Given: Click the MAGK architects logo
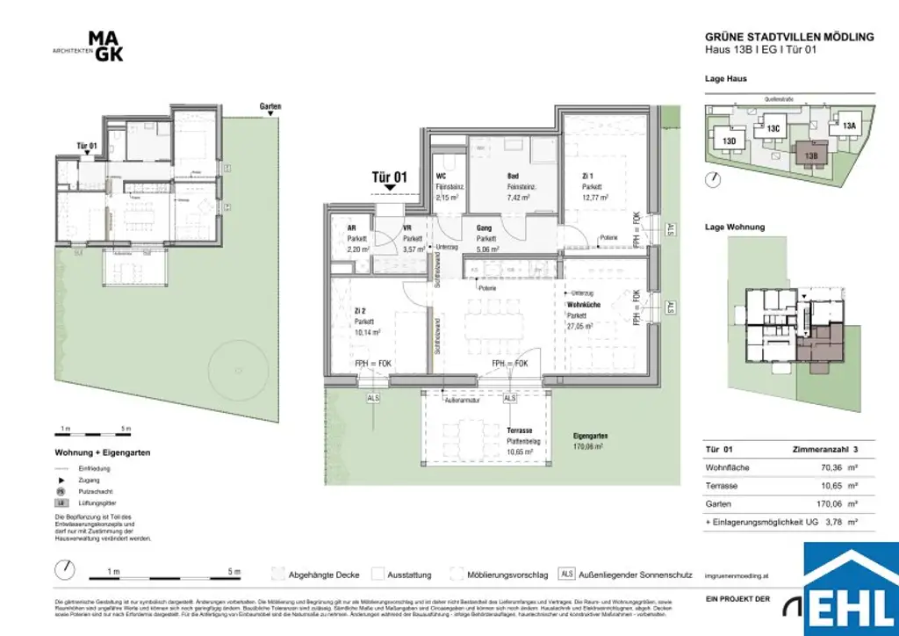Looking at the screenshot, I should pos(105,46).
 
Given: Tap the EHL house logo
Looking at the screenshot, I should pos(851,588).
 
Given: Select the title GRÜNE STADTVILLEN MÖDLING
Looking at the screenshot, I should pos(789,37).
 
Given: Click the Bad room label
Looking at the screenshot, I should pos(514,176).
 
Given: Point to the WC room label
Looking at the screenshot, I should pos(442,176).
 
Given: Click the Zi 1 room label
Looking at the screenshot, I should pos(587,176).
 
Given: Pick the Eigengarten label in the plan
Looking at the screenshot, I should pos(590,436).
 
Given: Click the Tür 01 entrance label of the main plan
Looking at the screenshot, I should pos(390,177).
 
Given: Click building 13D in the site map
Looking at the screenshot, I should pos(730,141).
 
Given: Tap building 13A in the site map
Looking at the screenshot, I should pos(848,126).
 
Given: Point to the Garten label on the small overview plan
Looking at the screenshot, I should pos(270,106).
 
